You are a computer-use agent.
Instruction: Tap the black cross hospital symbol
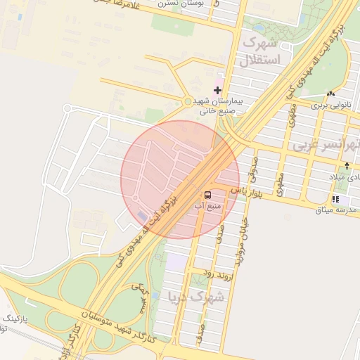click(217, 90)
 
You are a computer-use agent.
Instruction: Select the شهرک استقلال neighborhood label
click(262, 51)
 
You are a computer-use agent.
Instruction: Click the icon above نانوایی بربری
click(330, 94)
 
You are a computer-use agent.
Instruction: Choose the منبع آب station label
click(208, 206)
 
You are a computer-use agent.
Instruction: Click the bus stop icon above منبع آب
click(208, 194)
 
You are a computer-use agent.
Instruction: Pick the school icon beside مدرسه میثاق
click(335, 199)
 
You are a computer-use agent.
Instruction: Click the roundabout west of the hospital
click(188, 102)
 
